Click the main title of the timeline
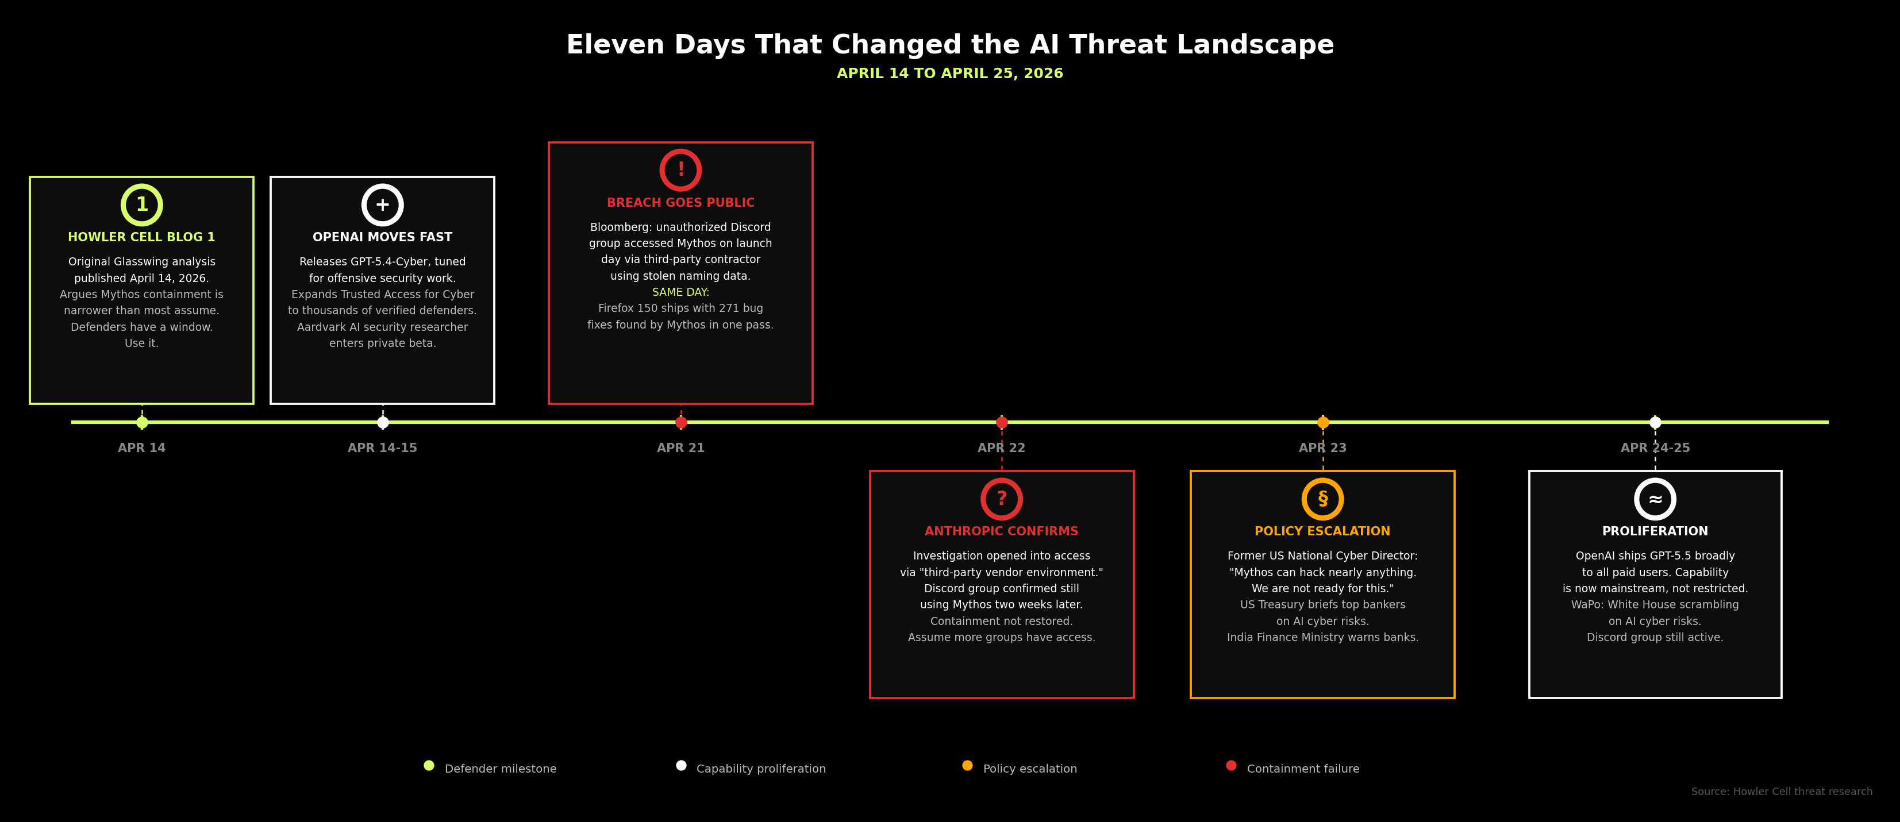coord(949,45)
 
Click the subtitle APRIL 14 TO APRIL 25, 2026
coord(949,74)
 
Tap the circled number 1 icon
coord(141,205)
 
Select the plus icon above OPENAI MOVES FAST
coord(382,205)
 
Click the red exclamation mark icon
coord(680,170)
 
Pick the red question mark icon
coord(1001,499)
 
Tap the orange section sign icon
coord(1322,499)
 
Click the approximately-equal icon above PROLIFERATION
coord(1655,499)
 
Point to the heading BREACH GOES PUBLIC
coord(680,203)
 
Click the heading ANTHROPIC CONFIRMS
coord(1001,531)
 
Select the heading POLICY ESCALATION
coord(1322,531)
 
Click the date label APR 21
coord(680,448)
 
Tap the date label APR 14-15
coord(382,448)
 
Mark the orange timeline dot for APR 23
coord(1322,422)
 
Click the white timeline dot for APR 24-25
coord(1655,422)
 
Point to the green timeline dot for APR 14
coord(141,422)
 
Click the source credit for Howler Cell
coord(1781,792)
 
